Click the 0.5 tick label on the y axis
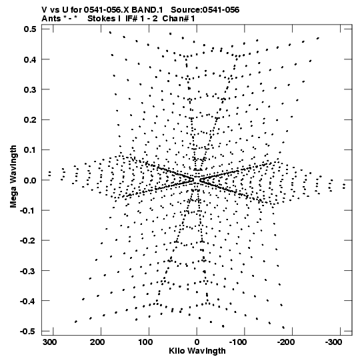pyautogui.click(x=30, y=29)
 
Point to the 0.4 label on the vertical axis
pyautogui.click(x=30, y=59)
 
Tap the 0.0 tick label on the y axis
pyautogui.click(x=30, y=180)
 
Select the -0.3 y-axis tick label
pyautogui.click(x=28, y=271)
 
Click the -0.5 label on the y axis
pyautogui.click(x=28, y=331)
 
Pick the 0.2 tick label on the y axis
pyautogui.click(x=30, y=120)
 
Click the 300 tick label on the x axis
pyautogui.click(x=49, y=342)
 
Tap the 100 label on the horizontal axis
pyautogui.click(x=145, y=342)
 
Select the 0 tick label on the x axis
pyautogui.click(x=197, y=342)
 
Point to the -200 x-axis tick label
pyautogui.click(x=286, y=342)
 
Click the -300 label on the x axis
pyautogui.click(x=333, y=342)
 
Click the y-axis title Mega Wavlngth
pyautogui.click(x=13, y=177)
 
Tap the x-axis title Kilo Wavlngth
pyautogui.click(x=197, y=351)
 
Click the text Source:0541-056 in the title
pyautogui.click(x=205, y=10)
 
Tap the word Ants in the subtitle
pyautogui.click(x=51, y=19)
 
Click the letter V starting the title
pyautogui.click(x=44, y=10)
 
